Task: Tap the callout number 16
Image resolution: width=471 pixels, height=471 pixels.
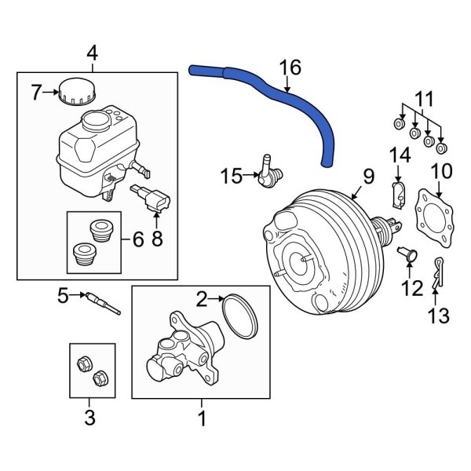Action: pyautogui.click(x=290, y=68)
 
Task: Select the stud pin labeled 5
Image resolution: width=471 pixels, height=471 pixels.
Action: pyautogui.click(x=104, y=303)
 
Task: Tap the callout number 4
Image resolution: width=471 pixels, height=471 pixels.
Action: pyautogui.click(x=92, y=53)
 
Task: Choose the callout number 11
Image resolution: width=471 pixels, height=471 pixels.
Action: pyautogui.click(x=424, y=99)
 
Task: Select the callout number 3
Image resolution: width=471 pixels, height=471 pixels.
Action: pyautogui.click(x=89, y=418)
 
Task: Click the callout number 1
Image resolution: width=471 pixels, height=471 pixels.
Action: pyautogui.click(x=202, y=419)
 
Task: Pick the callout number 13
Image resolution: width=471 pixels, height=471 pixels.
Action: pyautogui.click(x=438, y=316)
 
